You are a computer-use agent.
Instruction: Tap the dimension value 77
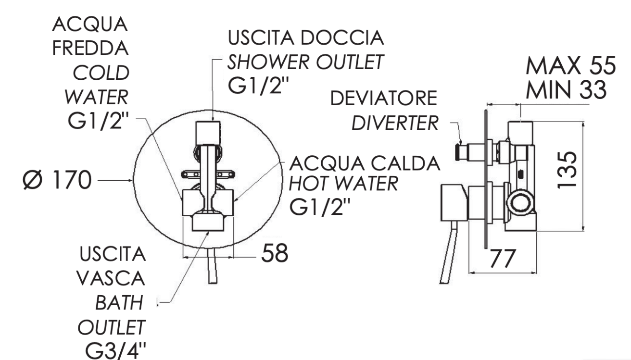click(503, 259)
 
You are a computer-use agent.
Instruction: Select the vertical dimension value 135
click(567, 170)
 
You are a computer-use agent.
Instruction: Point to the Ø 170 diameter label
click(57, 180)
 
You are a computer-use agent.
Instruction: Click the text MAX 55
click(571, 65)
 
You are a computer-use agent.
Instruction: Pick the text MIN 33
click(566, 90)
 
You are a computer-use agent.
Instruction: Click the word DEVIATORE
click(384, 98)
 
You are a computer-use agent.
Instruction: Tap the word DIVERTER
click(395, 123)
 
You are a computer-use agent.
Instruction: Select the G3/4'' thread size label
click(115, 351)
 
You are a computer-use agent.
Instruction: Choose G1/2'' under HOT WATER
click(320, 207)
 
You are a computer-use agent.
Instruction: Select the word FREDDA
click(90, 48)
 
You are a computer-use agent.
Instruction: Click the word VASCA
click(111, 278)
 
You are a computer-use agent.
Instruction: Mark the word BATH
click(119, 303)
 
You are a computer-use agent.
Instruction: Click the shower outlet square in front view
click(208, 133)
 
